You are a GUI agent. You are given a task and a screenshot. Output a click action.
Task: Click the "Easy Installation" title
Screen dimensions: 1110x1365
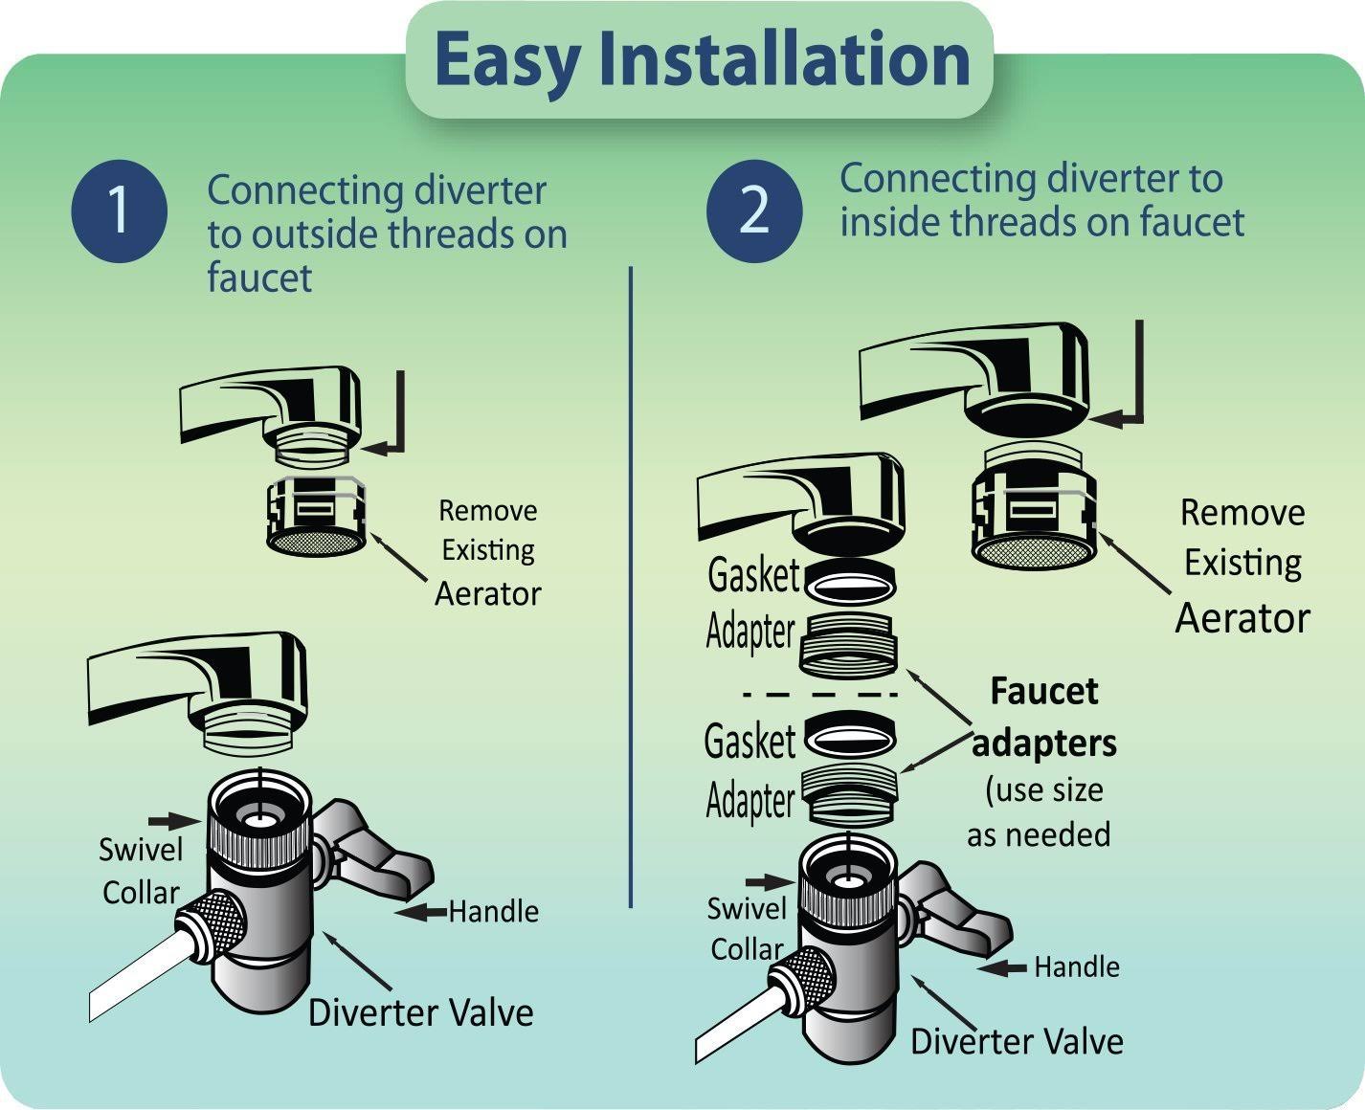701,59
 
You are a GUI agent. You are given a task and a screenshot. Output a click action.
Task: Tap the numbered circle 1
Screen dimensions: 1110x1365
119,211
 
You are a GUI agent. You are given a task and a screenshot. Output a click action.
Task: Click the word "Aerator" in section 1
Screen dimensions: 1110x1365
487,593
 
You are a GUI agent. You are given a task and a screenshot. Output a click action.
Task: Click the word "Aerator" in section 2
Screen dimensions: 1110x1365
1242,617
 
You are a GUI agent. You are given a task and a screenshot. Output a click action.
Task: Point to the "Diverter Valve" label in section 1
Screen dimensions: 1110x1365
420,1012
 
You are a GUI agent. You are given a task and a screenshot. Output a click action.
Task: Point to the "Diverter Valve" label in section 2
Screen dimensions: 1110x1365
1016,1041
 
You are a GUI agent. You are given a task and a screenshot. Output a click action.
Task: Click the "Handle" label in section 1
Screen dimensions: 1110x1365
493,911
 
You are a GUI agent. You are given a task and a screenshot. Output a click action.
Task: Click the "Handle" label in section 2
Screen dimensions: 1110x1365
1076,966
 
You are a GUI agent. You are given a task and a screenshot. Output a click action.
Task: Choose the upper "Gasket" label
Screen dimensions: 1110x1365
753,575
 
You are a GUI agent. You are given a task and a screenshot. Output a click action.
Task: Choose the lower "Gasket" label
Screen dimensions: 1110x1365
750,742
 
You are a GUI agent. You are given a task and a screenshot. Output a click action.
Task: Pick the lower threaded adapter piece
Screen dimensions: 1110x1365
850,793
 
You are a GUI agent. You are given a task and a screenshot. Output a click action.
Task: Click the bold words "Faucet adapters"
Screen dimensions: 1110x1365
1043,717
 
